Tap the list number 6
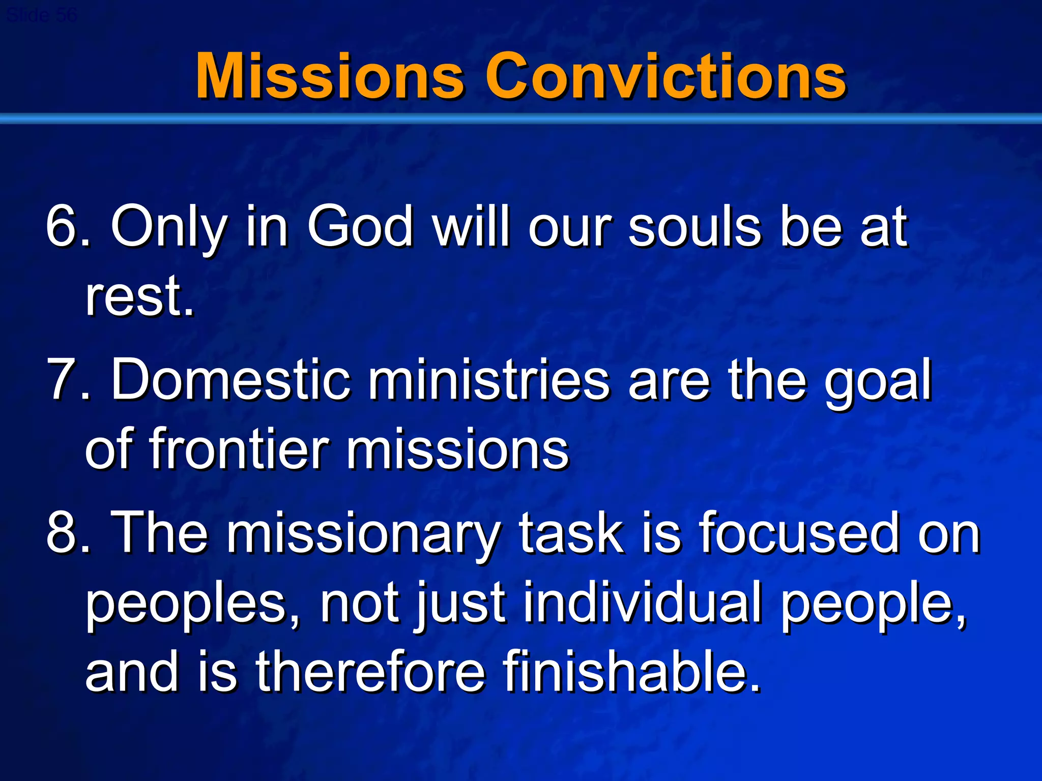61,226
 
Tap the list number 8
61,533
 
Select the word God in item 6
360,226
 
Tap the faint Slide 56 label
42,15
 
